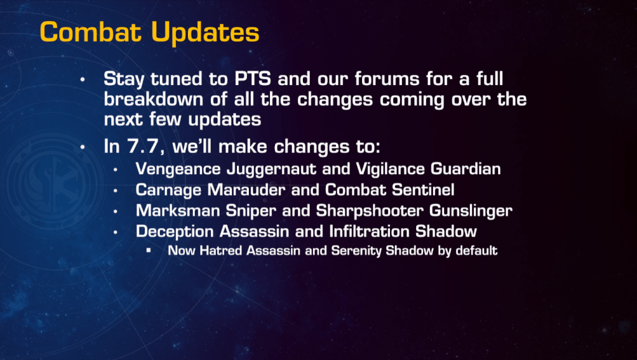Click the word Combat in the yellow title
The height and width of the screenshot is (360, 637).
tap(91, 32)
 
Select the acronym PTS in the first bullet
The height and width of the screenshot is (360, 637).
tap(253, 79)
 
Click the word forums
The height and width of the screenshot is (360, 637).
tap(387, 79)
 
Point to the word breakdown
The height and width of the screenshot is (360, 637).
tap(153, 99)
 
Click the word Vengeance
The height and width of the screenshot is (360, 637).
tap(178, 169)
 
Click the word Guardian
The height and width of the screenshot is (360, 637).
tap(465, 168)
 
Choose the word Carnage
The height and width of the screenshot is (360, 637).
tap(169, 190)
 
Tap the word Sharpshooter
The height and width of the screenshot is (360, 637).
tap(370, 211)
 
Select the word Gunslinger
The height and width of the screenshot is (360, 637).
tap(471, 211)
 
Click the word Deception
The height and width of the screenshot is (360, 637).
tap(175, 232)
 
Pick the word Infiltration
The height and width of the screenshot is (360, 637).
tap(370, 231)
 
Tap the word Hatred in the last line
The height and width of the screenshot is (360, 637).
tap(221, 251)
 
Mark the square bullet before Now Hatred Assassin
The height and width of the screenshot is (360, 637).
tap(149, 250)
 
